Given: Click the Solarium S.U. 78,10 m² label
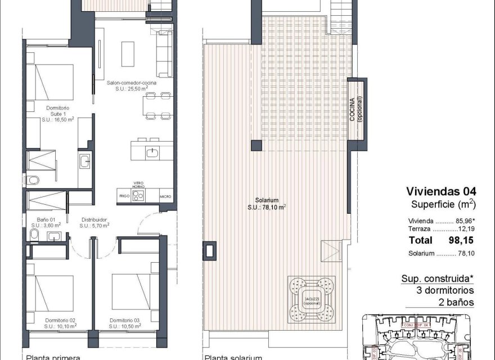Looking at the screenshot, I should tap(267, 203).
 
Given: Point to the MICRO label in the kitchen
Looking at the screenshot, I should tap(165, 196).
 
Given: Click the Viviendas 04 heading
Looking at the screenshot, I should tap(440, 191).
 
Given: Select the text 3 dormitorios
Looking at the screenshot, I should tap(444, 291).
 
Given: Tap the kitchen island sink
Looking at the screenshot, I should tap(152, 151).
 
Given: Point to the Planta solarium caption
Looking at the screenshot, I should tap(233, 357).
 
